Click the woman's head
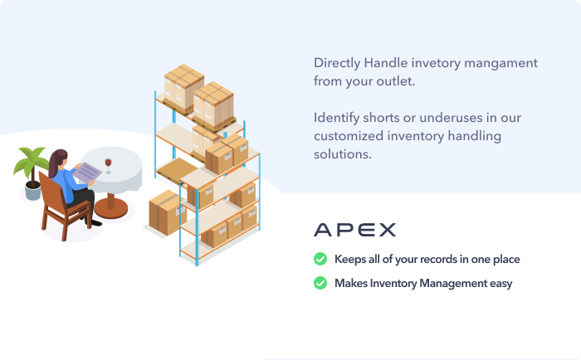coord(58,160)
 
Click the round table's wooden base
coord(110,205)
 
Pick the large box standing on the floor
coord(167,212)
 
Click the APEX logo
coord(354,230)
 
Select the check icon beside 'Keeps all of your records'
coord(320,260)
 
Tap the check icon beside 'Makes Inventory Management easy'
coord(320,284)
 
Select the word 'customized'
coord(348,136)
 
